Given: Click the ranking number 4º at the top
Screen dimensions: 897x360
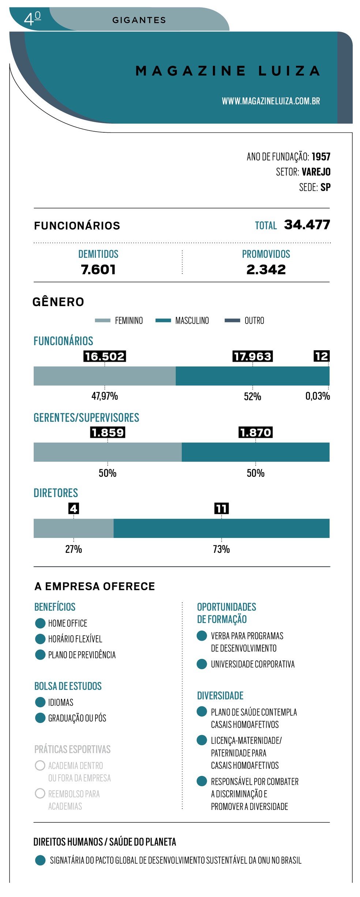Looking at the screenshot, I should click(x=32, y=18).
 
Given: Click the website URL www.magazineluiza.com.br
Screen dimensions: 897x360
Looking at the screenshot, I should click(x=271, y=101).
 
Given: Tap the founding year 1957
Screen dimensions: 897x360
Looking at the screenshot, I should click(x=321, y=157).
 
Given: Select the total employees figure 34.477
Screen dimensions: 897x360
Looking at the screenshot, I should click(x=307, y=225).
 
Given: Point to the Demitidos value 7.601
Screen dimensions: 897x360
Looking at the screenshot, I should click(x=98, y=270).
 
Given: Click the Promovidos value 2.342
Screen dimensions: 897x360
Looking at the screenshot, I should click(x=266, y=270).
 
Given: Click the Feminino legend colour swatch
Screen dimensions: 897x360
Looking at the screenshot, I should click(x=102, y=321).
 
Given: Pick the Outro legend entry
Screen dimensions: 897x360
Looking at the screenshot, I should click(x=254, y=321).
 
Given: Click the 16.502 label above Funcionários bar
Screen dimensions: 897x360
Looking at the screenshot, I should click(x=105, y=356).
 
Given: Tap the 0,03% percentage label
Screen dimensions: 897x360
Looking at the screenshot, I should click(x=318, y=396).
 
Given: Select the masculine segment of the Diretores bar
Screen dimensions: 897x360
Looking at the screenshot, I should click(x=221, y=528).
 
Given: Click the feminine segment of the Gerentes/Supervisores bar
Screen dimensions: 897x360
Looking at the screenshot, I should click(x=108, y=452).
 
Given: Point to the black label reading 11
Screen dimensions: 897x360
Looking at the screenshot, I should click(x=221, y=508).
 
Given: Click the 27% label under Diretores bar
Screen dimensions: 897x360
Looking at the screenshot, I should click(x=74, y=549).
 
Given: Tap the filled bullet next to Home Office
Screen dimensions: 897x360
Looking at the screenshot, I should click(x=40, y=623).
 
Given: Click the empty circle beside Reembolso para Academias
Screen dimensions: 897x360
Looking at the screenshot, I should click(x=40, y=794).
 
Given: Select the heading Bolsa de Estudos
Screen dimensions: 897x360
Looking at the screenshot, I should click(x=68, y=686).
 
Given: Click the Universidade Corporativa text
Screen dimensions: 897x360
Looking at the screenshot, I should click(x=252, y=664).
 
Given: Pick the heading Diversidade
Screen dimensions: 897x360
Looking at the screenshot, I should click(x=220, y=696).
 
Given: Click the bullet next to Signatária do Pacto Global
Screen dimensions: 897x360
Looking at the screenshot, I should click(x=40, y=860).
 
